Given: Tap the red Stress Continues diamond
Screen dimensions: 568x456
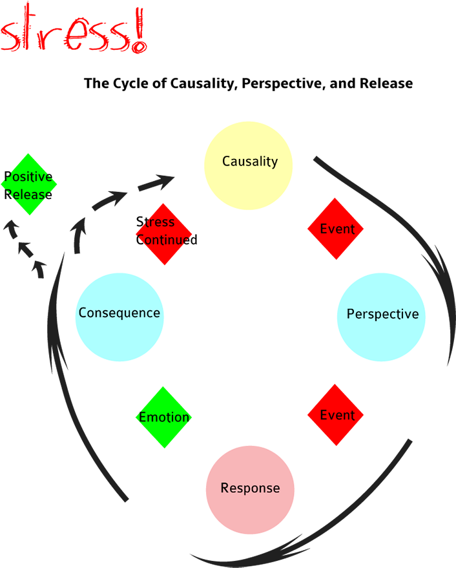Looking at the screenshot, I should (x=164, y=234).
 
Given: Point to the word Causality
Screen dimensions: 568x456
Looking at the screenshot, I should (x=250, y=162).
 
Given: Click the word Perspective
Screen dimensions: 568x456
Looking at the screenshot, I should (x=382, y=315).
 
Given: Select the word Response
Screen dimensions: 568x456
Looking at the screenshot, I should (x=251, y=489).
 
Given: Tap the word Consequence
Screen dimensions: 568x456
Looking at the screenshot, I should (x=119, y=313).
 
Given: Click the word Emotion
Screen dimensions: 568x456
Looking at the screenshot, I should (x=164, y=417).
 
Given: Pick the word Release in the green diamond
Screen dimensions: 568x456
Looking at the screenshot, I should (x=28, y=194).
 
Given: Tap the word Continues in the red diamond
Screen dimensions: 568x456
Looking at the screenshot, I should (x=164, y=240).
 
